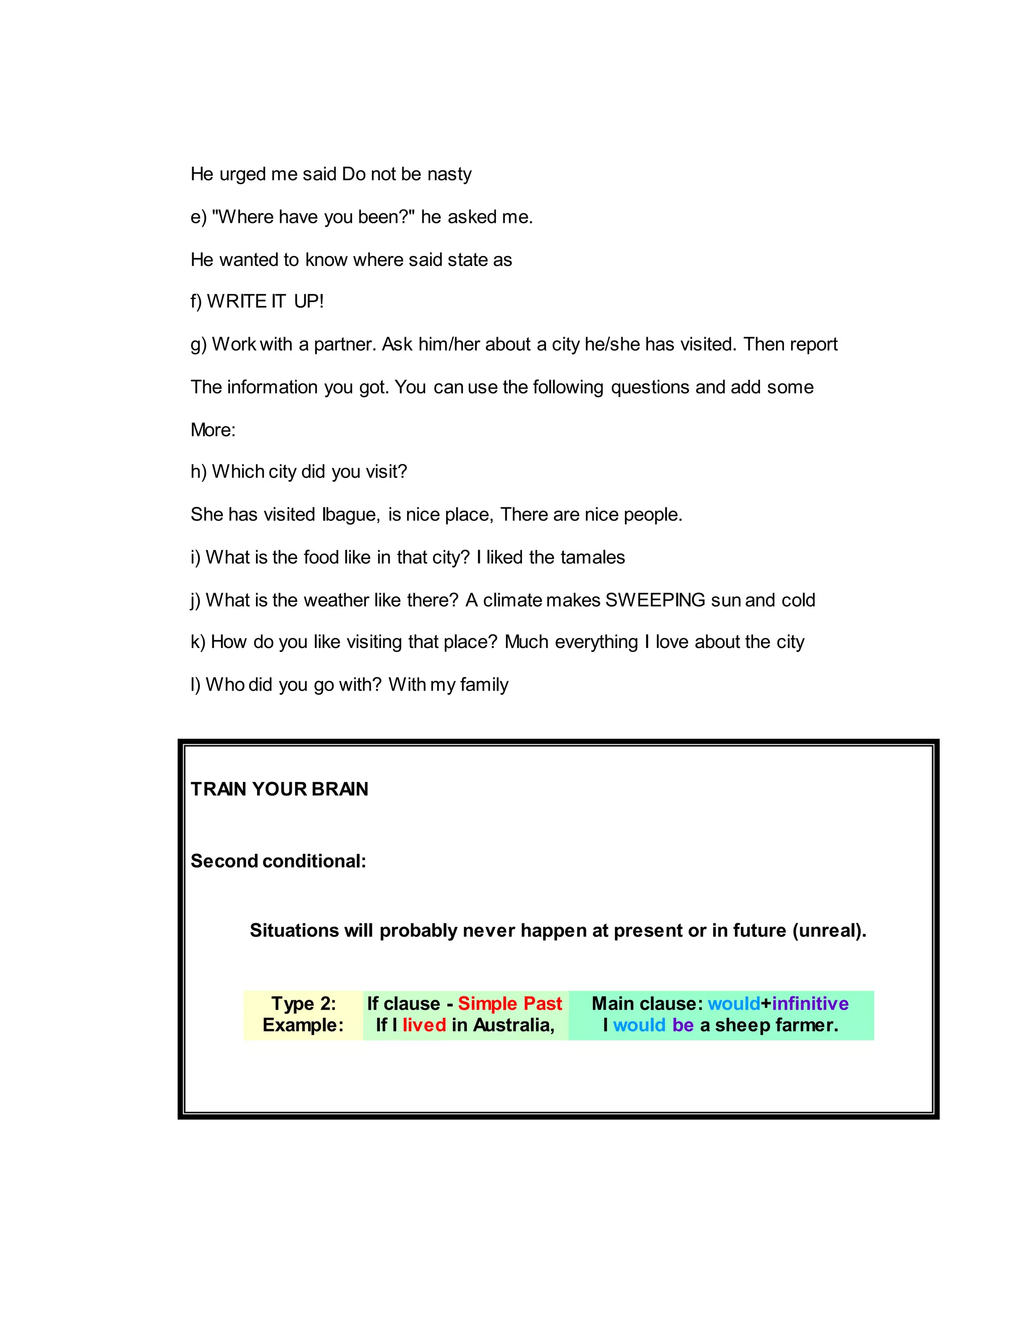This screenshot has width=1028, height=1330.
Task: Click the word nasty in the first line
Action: point(449,174)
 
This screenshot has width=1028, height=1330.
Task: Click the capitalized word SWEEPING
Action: point(655,600)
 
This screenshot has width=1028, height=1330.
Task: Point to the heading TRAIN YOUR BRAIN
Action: point(279,789)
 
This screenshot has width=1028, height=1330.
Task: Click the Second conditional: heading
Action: point(278,861)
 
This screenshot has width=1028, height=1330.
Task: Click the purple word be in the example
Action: point(683,1025)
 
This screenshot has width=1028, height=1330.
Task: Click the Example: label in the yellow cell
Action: point(303,1025)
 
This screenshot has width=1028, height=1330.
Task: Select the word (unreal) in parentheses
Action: point(829,930)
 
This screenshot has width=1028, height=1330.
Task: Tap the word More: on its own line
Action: point(212,430)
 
